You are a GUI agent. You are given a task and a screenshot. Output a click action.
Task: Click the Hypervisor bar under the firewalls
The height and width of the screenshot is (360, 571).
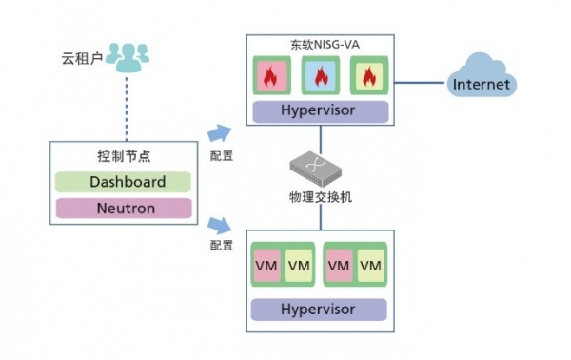(320, 111)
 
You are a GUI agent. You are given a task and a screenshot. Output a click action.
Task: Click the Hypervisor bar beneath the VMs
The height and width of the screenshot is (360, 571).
(320, 310)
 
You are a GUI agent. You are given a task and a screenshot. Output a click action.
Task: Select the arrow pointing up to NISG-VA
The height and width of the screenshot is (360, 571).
(220, 133)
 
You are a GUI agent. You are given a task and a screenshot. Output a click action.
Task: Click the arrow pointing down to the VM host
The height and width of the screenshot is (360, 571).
(220, 225)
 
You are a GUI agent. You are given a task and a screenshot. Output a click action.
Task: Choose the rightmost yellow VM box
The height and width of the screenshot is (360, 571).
(371, 266)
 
